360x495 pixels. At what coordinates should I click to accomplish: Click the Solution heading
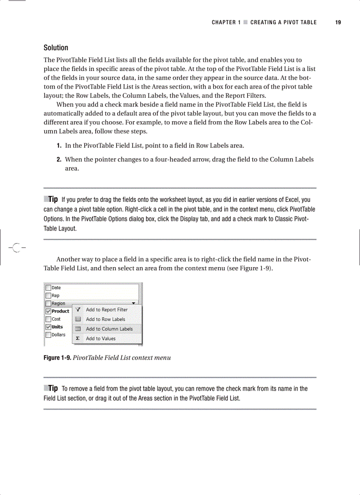(56, 48)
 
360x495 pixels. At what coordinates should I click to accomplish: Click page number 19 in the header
(338, 22)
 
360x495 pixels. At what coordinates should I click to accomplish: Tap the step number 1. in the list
(59, 145)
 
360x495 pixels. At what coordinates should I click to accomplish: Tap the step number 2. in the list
(59, 159)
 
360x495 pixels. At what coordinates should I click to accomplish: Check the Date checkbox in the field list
(48, 288)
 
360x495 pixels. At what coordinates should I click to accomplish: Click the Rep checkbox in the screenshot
(48, 296)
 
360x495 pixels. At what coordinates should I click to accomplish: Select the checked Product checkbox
(48, 311)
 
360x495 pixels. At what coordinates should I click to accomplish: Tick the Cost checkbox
(48, 319)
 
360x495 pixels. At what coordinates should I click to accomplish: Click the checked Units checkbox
(48, 327)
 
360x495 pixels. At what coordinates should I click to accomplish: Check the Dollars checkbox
(48, 335)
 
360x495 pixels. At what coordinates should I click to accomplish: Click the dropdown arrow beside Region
(134, 303)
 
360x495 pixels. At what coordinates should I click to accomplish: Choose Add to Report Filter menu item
(106, 310)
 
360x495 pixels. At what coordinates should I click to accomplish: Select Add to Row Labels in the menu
(105, 320)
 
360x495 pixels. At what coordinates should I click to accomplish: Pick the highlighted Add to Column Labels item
(109, 329)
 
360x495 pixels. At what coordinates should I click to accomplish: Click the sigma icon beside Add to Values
(78, 339)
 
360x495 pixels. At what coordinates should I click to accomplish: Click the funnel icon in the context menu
(78, 310)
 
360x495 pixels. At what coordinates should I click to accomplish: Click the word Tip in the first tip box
(53, 200)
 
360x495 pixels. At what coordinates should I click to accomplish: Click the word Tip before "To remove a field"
(53, 388)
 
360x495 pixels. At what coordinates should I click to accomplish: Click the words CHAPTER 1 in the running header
(226, 22)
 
